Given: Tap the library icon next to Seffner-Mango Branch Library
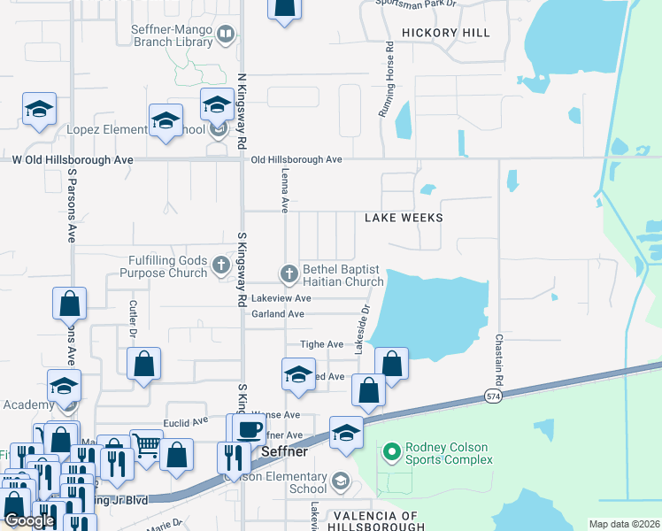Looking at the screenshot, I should click(x=226, y=35).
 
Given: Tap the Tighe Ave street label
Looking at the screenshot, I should click(x=323, y=344).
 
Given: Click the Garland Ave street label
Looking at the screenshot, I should click(x=278, y=314).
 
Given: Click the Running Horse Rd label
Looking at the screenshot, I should click(x=387, y=80).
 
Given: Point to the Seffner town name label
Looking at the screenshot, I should click(x=286, y=452).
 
